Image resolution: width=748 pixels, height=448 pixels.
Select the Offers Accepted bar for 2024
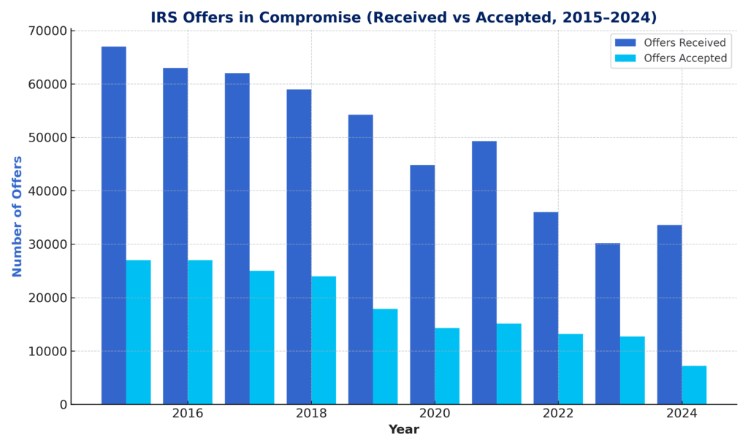point(694,385)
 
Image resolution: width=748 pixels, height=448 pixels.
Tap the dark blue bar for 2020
point(422,285)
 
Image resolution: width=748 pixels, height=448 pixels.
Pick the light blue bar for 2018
point(324,340)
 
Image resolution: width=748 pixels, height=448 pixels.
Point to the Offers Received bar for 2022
point(546,308)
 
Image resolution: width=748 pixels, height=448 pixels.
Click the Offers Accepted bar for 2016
point(200,332)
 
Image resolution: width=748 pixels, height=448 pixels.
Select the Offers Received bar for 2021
point(484,272)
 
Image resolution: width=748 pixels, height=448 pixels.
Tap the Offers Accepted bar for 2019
point(385,356)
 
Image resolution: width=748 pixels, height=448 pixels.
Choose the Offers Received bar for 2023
point(607,323)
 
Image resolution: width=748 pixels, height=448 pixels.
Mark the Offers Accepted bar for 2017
point(262,337)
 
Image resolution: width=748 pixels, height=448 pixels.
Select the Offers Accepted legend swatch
point(625,58)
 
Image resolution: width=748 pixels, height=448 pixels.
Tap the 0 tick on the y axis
point(63,404)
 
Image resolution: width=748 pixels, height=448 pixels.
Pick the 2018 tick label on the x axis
point(311,414)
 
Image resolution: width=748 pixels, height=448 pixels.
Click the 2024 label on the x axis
point(682,414)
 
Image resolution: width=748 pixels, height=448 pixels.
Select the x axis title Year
point(403,430)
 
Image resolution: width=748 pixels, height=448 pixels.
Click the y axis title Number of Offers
point(18,216)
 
